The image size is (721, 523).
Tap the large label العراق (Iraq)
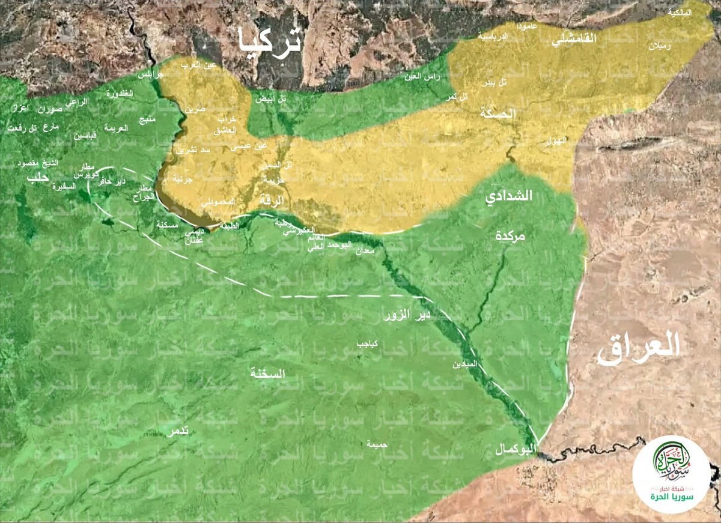tap(638, 347)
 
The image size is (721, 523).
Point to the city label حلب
tap(37, 178)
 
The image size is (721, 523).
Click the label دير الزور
tap(406, 315)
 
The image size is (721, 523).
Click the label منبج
tap(147, 119)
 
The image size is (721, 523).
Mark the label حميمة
tap(377, 445)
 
